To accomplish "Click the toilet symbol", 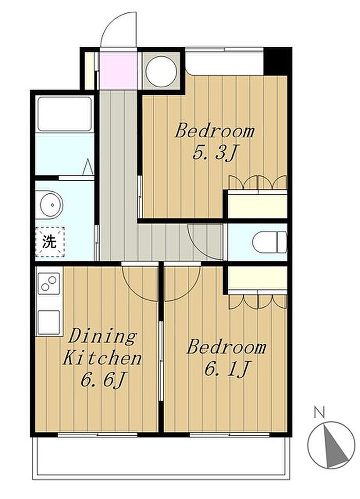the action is coord(269,243).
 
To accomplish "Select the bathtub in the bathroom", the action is coord(65,114).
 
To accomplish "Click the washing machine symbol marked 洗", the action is coord(50,242).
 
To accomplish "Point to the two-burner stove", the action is coord(49,283).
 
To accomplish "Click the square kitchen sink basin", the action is coord(49,322).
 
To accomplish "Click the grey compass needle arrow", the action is coord(334,445).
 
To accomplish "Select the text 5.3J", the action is coord(214,153).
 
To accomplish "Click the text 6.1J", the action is coord(226,368).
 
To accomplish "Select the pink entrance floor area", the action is coord(118,70).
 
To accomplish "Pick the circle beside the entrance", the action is coord(161,71).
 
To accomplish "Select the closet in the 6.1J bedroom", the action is coord(258,278).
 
